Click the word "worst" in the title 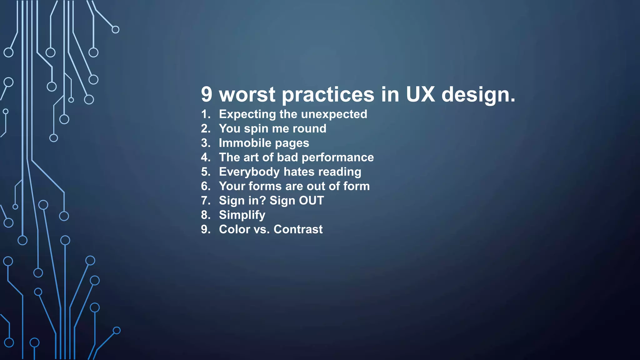click(247, 94)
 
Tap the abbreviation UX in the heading click(420, 94)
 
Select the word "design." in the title click(478, 95)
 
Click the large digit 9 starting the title click(207, 94)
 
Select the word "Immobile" click(245, 143)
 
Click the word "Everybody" click(249, 172)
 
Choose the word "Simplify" click(242, 215)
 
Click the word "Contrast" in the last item click(298, 229)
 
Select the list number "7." click(206, 201)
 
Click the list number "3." click(206, 143)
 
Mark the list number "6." click(206, 186)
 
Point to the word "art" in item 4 click(252, 157)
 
